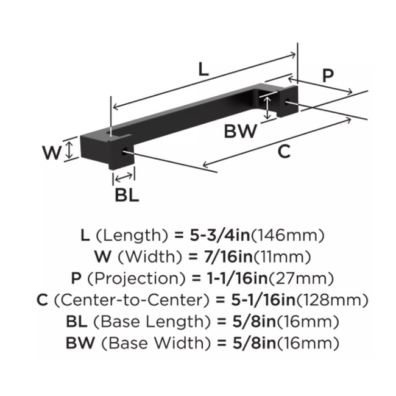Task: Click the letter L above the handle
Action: pos(204,69)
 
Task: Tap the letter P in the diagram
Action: pos(328,76)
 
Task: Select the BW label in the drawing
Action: pos(240,130)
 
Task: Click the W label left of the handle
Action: pos(52,151)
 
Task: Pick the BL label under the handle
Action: pos(127,195)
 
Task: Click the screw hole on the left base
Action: pos(126,153)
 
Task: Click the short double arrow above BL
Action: pos(124,177)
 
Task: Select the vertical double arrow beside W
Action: pos(71,149)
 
